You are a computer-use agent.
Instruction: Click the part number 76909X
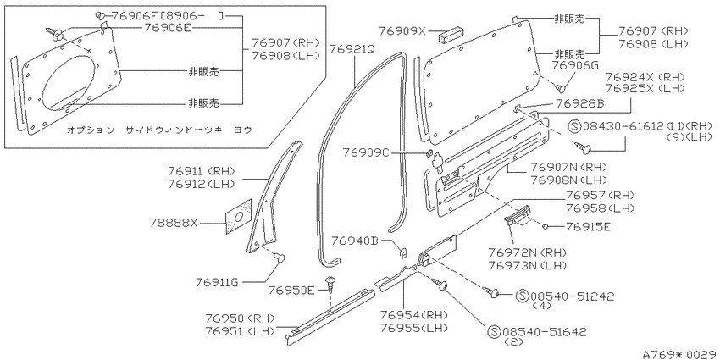(402, 31)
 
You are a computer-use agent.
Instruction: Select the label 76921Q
(352, 48)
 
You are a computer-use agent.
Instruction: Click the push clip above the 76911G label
(280, 256)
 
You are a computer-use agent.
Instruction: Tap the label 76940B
(356, 241)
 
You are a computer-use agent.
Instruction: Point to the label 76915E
(588, 226)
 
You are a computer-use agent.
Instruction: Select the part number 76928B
(579, 104)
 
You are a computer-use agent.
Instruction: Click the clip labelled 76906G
(560, 86)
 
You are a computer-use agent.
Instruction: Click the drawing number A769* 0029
(681, 354)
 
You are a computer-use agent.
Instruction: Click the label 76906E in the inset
(167, 29)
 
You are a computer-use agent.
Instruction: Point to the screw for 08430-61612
(582, 147)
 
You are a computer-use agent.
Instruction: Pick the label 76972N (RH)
(527, 252)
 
